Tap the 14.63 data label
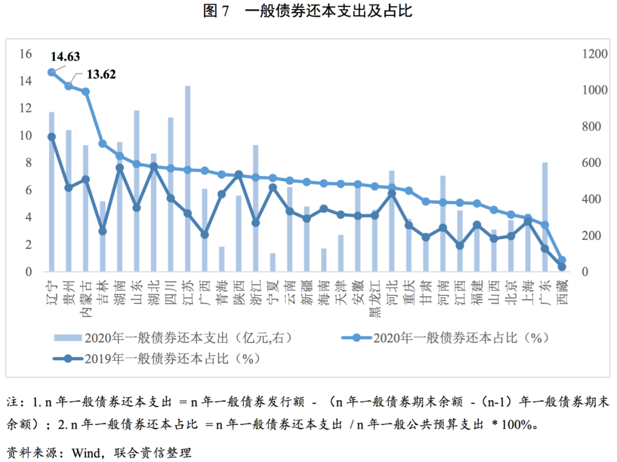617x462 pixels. coord(65,57)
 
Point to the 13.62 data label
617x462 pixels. coord(101,74)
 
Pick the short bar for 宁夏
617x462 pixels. coord(273,262)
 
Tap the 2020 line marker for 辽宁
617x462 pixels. coord(51,73)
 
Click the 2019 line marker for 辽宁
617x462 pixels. coord(51,137)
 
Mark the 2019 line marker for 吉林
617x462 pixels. coord(102,231)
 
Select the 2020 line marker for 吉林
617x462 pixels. coord(102,143)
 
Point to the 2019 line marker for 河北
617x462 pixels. coord(392,194)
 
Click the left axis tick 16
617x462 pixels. coord(25,54)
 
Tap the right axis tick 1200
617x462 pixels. coord(592,54)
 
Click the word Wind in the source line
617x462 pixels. coord(83,453)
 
